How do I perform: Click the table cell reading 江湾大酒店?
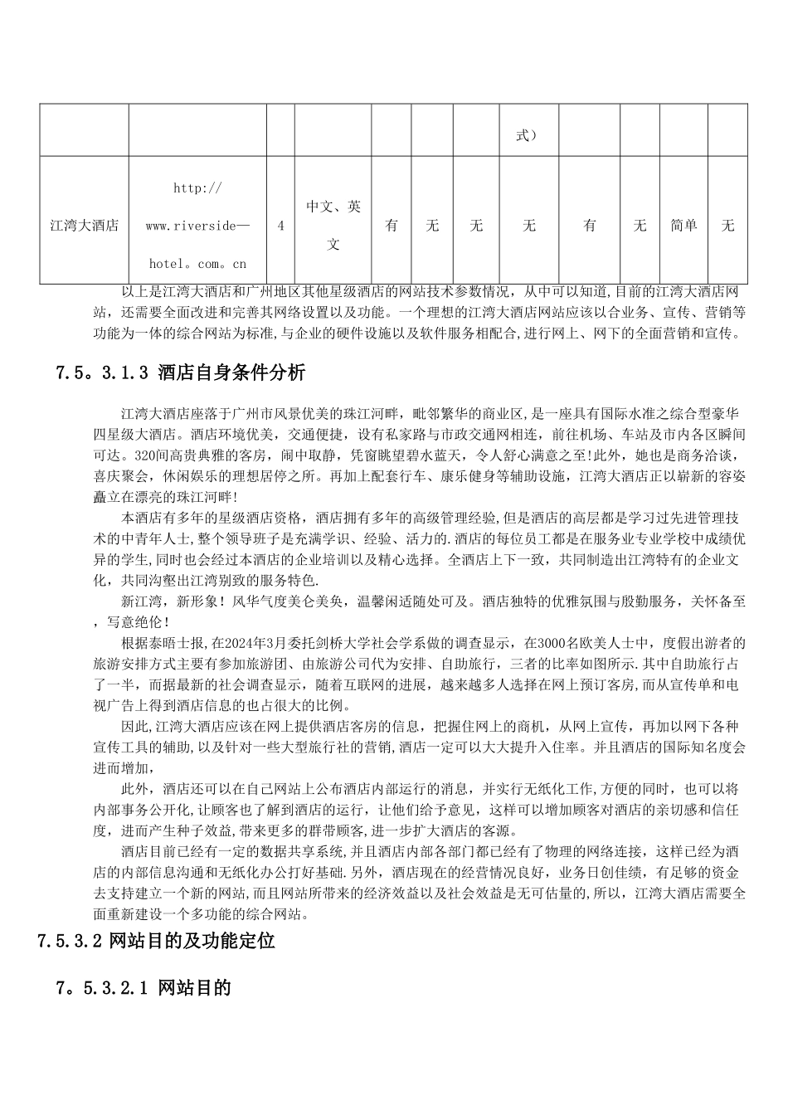tap(84, 226)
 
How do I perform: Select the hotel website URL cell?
tap(197, 226)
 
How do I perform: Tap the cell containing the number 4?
tap(280, 226)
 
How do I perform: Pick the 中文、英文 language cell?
tap(333, 226)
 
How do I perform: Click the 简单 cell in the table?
tap(683, 226)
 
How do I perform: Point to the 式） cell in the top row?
tap(528, 135)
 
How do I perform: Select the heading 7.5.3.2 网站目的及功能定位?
tap(156, 941)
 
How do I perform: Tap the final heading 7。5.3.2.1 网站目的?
tap(143, 987)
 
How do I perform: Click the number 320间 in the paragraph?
tap(150, 455)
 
